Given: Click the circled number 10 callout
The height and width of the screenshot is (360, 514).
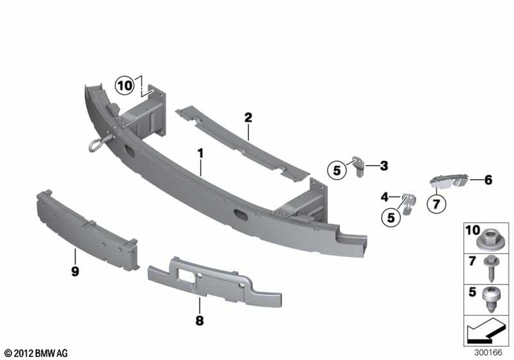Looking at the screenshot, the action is coord(124,86).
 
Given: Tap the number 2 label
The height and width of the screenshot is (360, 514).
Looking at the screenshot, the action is coord(248,117).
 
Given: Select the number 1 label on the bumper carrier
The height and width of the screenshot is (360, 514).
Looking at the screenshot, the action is coord(200,153).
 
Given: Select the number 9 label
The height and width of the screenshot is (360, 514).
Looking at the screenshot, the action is coord(75,272).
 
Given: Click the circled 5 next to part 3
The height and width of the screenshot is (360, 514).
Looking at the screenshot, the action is coord(337,170).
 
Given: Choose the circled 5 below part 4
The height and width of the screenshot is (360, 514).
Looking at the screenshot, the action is coord(391,218).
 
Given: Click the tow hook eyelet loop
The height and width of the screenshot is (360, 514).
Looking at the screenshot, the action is coord(97,145).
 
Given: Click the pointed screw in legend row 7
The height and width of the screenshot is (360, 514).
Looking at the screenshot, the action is coord(491,268).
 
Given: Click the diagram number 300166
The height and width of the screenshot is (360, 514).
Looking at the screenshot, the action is coord(488,353).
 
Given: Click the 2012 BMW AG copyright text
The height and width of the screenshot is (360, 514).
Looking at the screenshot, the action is coord(36,353).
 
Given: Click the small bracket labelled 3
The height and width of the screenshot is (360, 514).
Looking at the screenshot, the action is coord(358,166).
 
